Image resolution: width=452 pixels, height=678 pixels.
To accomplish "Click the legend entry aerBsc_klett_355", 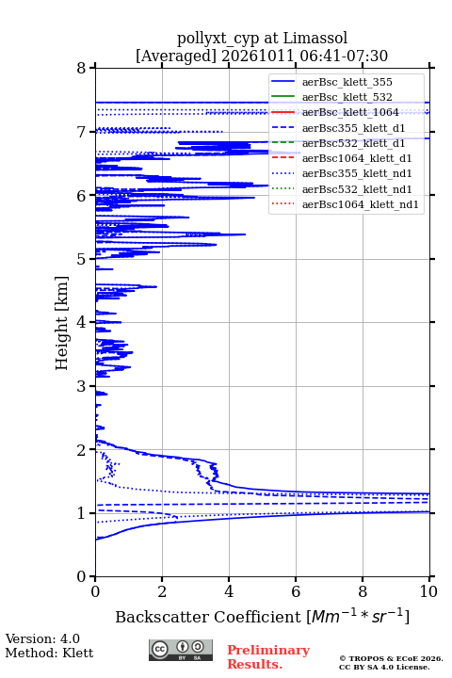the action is (x=347, y=82).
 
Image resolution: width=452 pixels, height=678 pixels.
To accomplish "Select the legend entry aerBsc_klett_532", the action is (x=347, y=97).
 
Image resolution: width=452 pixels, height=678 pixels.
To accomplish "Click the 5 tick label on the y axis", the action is (x=81, y=260).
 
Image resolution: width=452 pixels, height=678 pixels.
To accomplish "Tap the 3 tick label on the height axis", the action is (x=81, y=386).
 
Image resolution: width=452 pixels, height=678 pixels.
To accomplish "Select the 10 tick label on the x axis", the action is (x=428, y=591).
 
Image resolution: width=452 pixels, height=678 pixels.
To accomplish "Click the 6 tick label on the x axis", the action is (x=296, y=591).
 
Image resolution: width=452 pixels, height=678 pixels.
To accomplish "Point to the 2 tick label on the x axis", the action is (x=162, y=591).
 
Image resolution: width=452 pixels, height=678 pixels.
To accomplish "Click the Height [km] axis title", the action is (x=62, y=323).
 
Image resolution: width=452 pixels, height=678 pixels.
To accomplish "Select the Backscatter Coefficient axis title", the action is (x=262, y=617).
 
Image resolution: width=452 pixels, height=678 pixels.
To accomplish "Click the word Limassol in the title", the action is (x=315, y=38).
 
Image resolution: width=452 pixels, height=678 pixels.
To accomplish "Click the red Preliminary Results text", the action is (x=268, y=657).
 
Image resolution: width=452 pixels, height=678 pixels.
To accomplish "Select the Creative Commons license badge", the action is (x=181, y=650).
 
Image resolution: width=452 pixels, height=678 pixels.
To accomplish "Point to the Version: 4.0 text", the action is (x=42, y=639).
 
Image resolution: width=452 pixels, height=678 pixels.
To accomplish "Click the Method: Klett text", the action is (x=49, y=653).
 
